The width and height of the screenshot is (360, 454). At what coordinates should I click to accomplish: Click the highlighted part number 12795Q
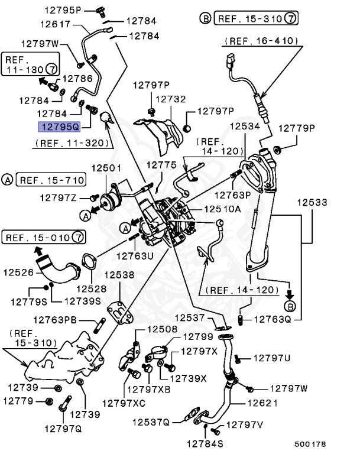(58, 126)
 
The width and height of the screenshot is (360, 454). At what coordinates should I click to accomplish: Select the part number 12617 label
(56, 24)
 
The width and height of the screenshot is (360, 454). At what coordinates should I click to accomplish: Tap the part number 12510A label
(222, 209)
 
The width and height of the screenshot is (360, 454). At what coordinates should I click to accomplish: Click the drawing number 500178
(310, 443)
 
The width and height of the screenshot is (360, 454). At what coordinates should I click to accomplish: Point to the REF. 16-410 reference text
(261, 41)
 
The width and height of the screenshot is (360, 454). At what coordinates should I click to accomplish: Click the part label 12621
(262, 404)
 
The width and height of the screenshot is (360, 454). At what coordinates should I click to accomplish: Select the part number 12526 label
(18, 273)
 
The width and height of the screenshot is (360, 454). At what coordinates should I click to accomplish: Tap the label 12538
(119, 275)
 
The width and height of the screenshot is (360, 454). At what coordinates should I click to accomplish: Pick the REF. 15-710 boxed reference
(51, 179)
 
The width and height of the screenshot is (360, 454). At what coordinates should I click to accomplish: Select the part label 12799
(197, 336)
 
